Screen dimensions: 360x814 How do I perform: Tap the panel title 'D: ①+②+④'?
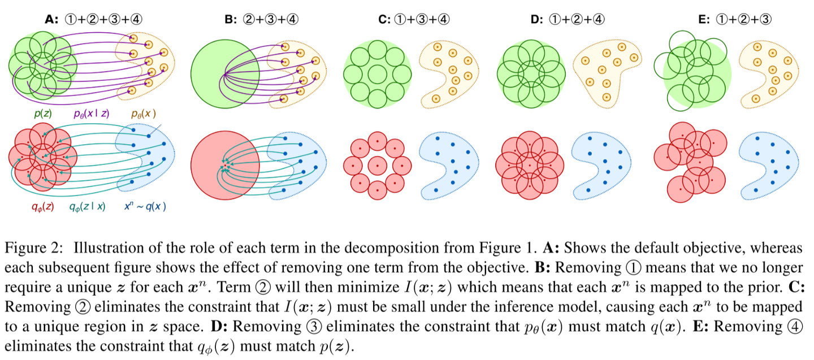click(568, 19)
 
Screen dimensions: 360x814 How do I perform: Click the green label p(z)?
click(44, 114)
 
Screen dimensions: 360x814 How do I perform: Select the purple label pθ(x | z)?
click(92, 114)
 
